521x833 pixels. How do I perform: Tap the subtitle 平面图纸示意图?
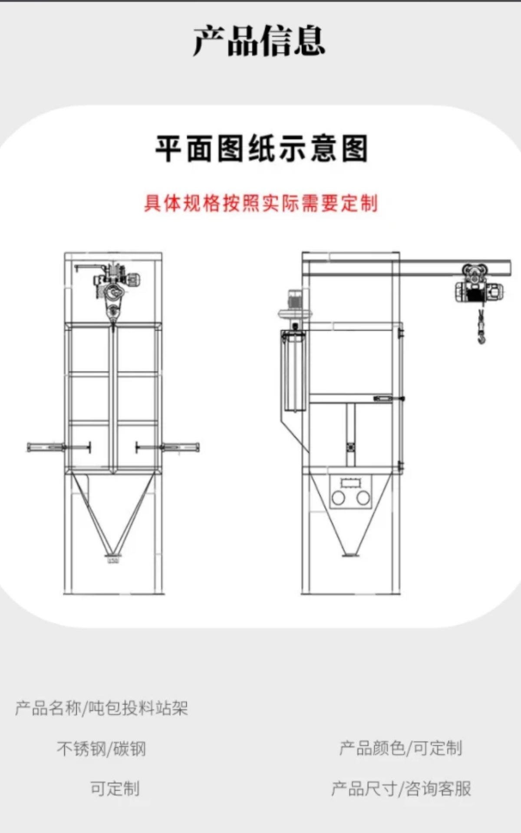tap(262, 148)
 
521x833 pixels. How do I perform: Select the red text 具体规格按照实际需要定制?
tap(261, 203)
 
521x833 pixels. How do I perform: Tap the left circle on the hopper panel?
tap(338, 498)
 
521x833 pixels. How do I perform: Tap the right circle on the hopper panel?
tap(363, 498)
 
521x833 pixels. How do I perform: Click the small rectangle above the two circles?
tap(350, 483)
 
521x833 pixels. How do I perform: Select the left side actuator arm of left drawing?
tap(59, 447)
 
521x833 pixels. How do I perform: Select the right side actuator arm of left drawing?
tap(168, 447)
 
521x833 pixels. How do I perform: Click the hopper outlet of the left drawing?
tap(112, 556)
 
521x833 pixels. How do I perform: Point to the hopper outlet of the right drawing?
tap(350, 554)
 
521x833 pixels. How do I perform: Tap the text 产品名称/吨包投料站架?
tap(102, 708)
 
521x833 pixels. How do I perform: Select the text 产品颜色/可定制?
tap(401, 748)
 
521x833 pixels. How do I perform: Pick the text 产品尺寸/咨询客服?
tap(401, 788)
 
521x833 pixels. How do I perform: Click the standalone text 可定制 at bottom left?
tap(115, 788)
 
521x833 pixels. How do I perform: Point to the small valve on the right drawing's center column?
tap(350, 447)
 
